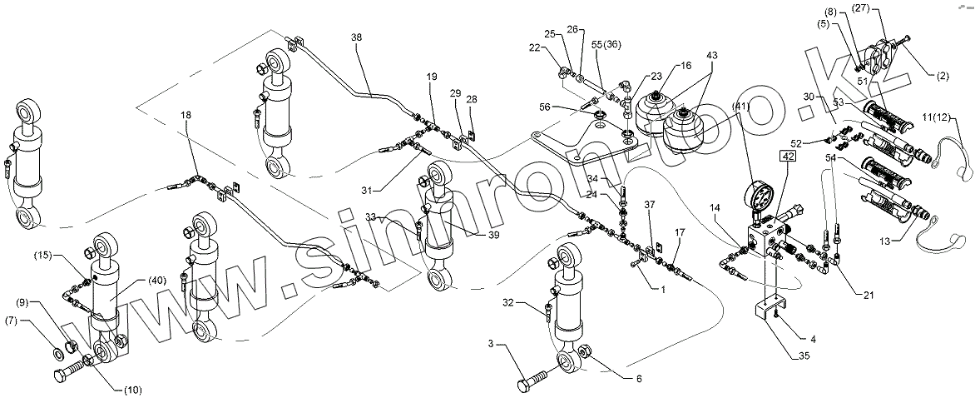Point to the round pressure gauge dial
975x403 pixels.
(x=759, y=198)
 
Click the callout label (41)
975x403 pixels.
(x=741, y=107)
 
